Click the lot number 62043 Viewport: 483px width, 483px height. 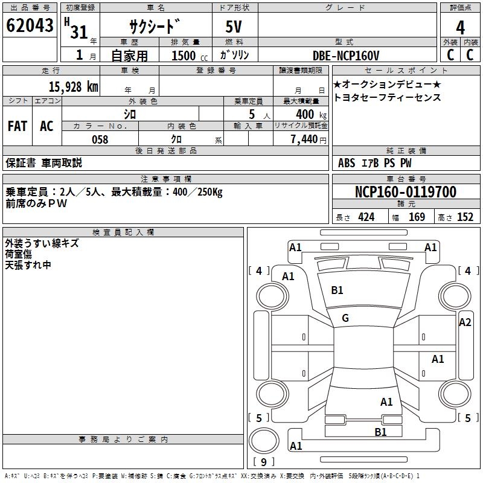pyautogui.click(x=30, y=25)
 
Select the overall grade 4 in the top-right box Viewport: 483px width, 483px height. pyautogui.click(x=460, y=27)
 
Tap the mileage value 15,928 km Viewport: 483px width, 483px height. pyautogui.click(x=73, y=87)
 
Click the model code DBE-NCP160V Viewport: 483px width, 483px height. pyautogui.click(x=345, y=56)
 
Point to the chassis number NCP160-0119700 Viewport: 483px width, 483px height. pyautogui.click(x=405, y=191)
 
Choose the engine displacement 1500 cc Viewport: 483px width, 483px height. pyautogui.click(x=190, y=56)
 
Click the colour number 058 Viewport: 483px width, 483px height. pyautogui.click(x=100, y=139)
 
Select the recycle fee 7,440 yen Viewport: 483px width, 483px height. pyautogui.click(x=309, y=139)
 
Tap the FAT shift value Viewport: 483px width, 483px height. pyautogui.click(x=18, y=126)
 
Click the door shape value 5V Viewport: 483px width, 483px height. pyautogui.click(x=234, y=27)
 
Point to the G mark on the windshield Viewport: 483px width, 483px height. pyautogui.click(x=345, y=318)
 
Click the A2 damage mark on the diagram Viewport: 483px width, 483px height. pyautogui.click(x=465, y=322)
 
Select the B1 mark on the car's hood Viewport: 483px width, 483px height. pyautogui.click(x=337, y=290)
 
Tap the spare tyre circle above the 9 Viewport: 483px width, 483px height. pyautogui.click(x=264, y=441)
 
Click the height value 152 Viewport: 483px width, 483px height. pyautogui.click(x=465, y=217)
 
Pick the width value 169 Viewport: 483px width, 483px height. pyautogui.click(x=417, y=217)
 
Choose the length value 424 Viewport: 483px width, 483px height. pyautogui.click(x=366, y=217)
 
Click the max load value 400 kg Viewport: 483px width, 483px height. pyautogui.click(x=311, y=114)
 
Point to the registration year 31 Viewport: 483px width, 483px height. pyautogui.click(x=79, y=32)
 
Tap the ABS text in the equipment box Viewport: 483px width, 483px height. pyautogui.click(x=346, y=163)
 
